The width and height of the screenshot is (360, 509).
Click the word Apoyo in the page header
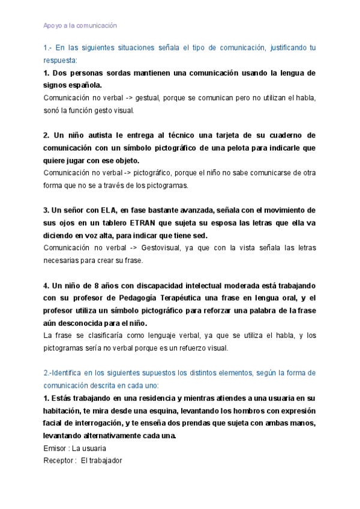point(52,26)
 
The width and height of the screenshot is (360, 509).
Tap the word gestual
point(149,97)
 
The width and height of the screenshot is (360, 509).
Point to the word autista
point(96,136)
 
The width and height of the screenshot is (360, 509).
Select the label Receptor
point(59,460)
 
